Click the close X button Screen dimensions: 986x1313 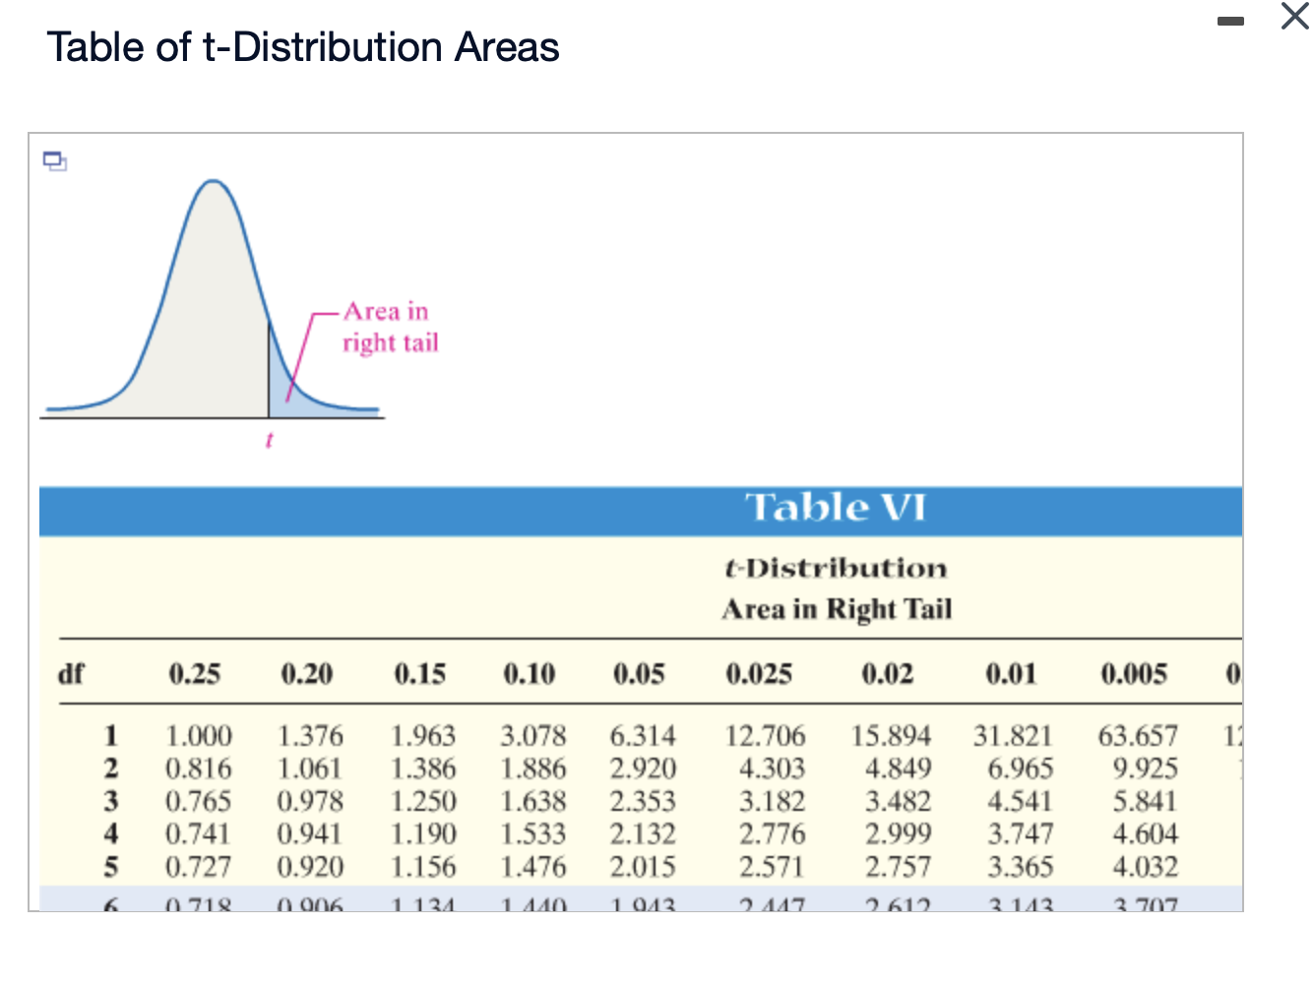pyautogui.click(x=1295, y=17)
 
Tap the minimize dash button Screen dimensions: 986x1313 pyautogui.click(x=1230, y=21)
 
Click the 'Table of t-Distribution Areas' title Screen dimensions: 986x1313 pyautogui.click(x=303, y=47)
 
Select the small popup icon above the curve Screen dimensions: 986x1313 pyautogui.click(x=55, y=160)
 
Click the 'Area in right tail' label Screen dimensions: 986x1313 pyautogui.click(x=390, y=327)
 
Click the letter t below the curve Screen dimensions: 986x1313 pyautogui.click(x=269, y=440)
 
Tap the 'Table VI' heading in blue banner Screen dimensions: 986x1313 pyautogui.click(x=836, y=508)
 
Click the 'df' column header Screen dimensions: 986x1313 pyautogui.click(x=71, y=674)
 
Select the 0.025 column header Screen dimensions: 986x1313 pyautogui.click(x=759, y=674)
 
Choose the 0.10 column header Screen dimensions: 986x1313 pyautogui.click(x=530, y=674)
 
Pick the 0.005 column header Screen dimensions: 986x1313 pyautogui.click(x=1134, y=674)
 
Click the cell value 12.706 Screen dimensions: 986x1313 pyautogui.click(x=765, y=736)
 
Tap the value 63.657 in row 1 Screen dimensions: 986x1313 pyautogui.click(x=1138, y=736)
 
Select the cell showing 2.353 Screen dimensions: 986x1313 pyautogui.click(x=643, y=801)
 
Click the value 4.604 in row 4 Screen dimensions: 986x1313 pyautogui.click(x=1145, y=834)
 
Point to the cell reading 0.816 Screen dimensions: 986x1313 pyautogui.click(x=198, y=769)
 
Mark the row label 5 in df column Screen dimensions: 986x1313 pyautogui.click(x=111, y=867)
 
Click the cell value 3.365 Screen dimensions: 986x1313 pyautogui.click(x=1021, y=867)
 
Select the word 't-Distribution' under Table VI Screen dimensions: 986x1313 pyautogui.click(x=836, y=569)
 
